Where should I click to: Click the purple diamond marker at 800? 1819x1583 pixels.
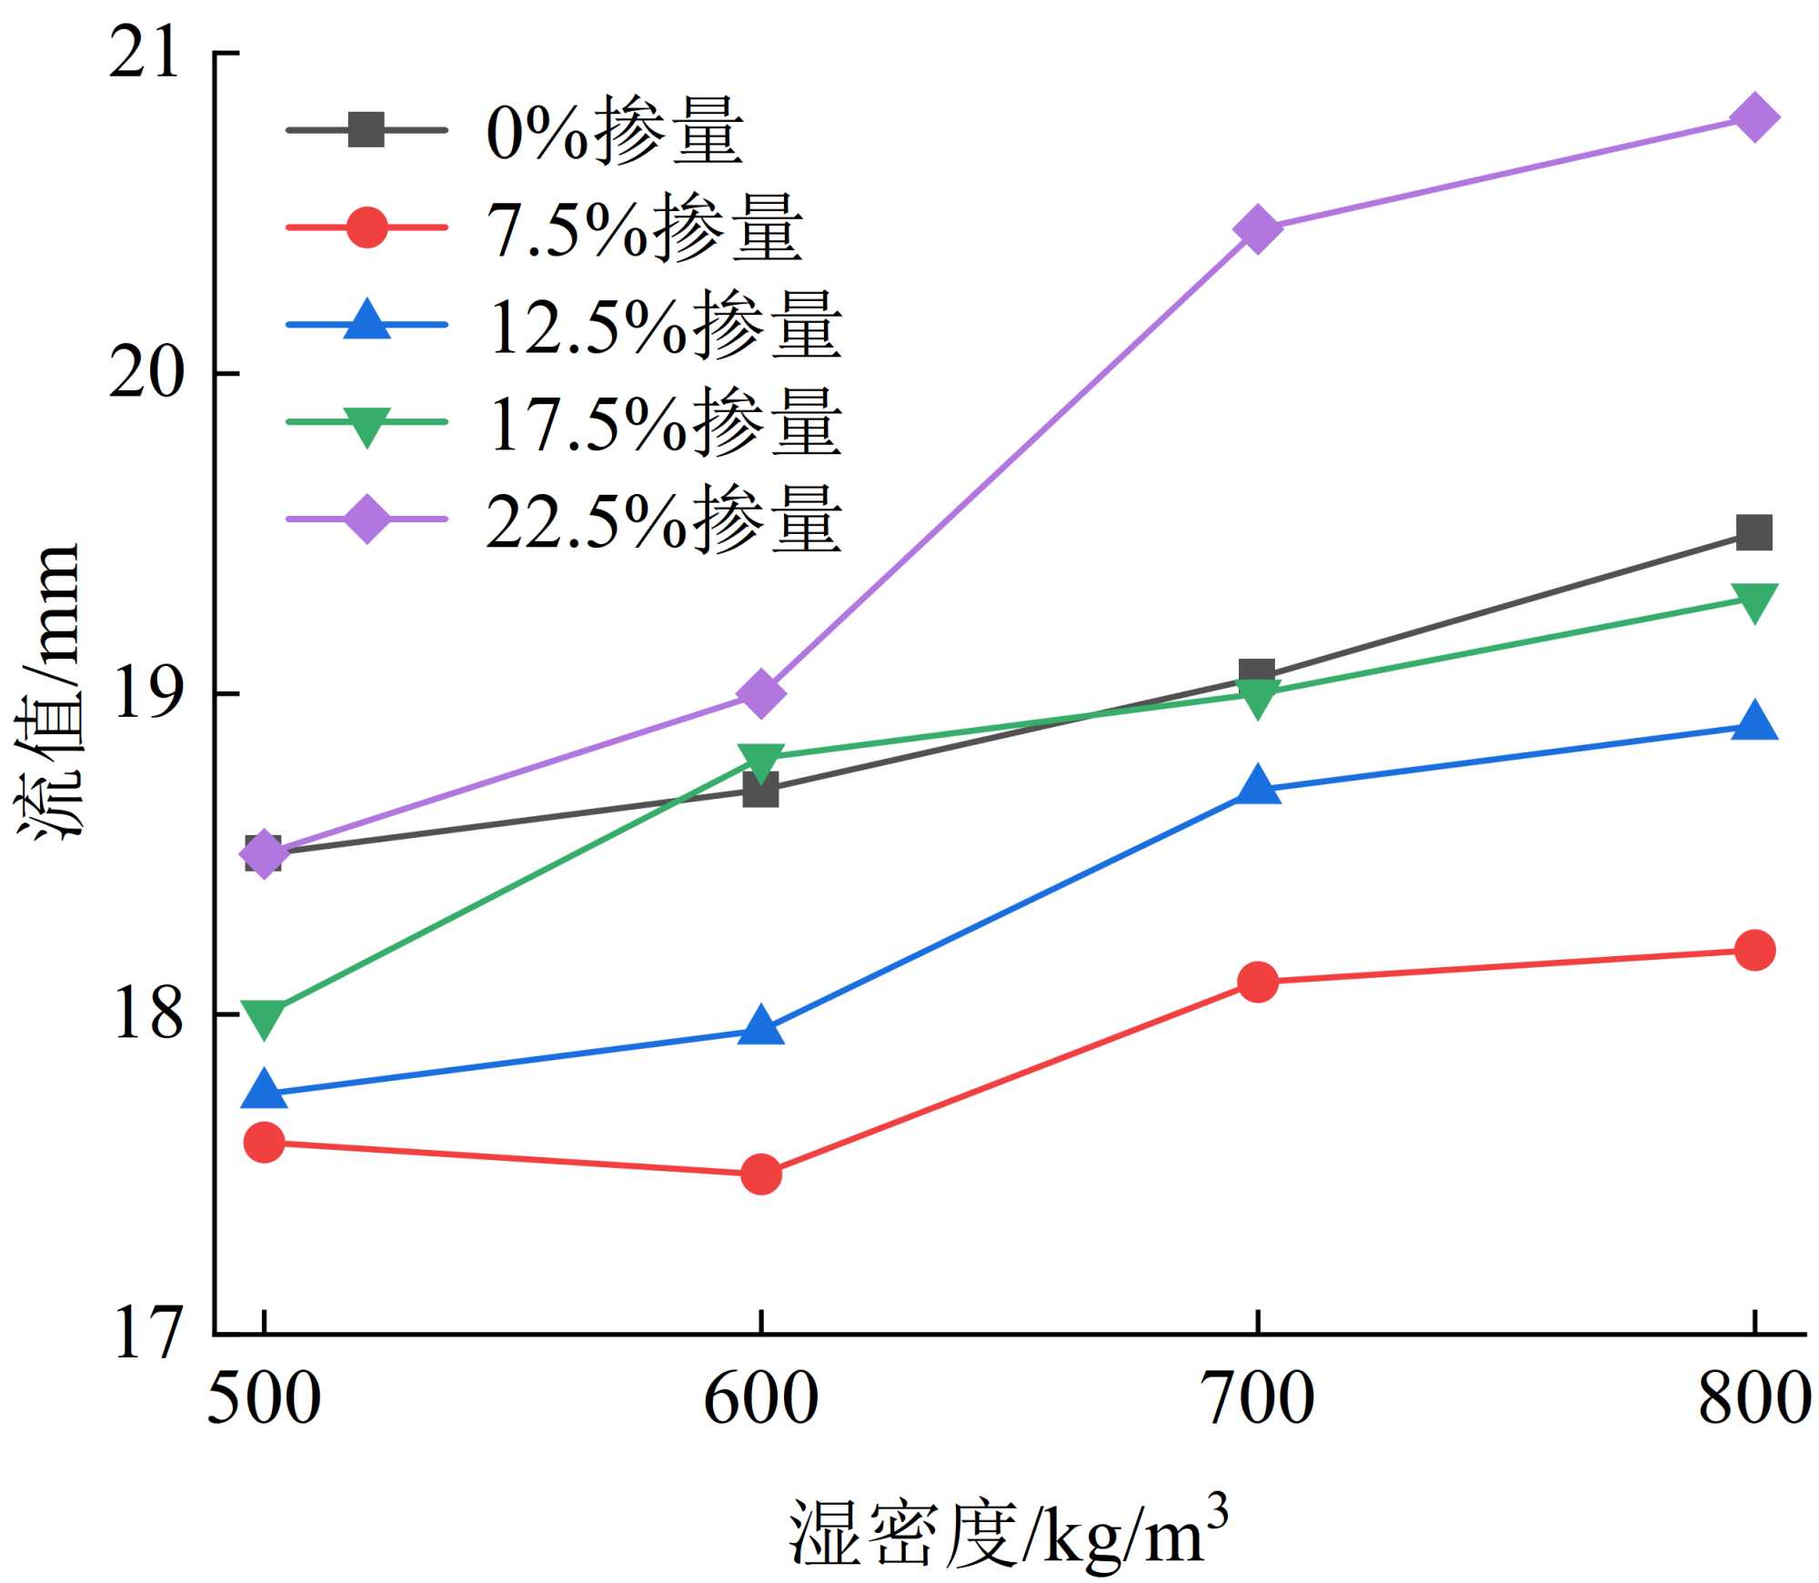pyautogui.click(x=1754, y=117)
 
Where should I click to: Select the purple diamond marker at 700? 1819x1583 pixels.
pyautogui.click(x=1258, y=227)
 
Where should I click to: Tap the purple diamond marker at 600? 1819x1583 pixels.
pyautogui.click(x=761, y=694)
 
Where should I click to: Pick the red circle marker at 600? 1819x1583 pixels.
pyautogui.click(x=761, y=1174)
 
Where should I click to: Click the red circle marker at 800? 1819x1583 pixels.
pyautogui.click(x=1754, y=950)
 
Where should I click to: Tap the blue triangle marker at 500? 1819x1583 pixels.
pyautogui.click(x=265, y=1090)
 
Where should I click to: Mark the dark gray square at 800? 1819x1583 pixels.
pyautogui.click(x=1754, y=532)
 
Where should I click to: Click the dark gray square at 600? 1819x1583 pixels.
pyautogui.click(x=761, y=790)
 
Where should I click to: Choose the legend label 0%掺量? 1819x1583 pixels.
pyautogui.click(x=615, y=131)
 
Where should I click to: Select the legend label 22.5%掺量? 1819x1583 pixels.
pyautogui.click(x=664, y=519)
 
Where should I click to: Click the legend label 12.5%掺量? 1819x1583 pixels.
pyautogui.click(x=664, y=325)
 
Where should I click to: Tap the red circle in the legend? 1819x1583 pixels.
pyautogui.click(x=367, y=227)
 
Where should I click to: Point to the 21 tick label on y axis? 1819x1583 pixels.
pyautogui.click(x=144, y=54)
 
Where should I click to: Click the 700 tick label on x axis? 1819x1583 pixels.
pyautogui.click(x=1258, y=1398)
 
